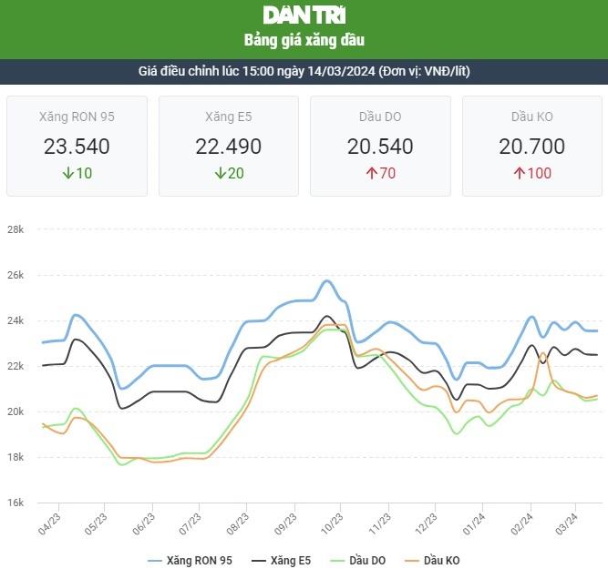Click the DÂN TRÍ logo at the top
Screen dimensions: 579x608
pos(304,15)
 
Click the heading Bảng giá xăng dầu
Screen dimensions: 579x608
pos(304,41)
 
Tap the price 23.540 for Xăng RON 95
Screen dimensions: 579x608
pos(77,147)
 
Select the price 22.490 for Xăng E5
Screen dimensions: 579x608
pos(228,147)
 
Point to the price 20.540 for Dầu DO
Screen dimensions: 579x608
pos(380,147)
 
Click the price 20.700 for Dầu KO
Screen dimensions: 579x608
pos(531,147)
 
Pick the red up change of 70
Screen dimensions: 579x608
pos(380,173)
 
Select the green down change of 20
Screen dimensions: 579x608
pos(228,173)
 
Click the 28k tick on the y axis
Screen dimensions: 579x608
pos(15,229)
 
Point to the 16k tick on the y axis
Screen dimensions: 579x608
pos(15,503)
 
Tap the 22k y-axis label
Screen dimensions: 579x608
pos(15,366)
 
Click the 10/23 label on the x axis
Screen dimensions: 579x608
pos(332,522)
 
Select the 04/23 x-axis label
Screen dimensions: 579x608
pos(50,522)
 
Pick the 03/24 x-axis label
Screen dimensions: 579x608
pos(567,522)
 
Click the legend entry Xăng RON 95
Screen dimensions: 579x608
pos(190,561)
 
